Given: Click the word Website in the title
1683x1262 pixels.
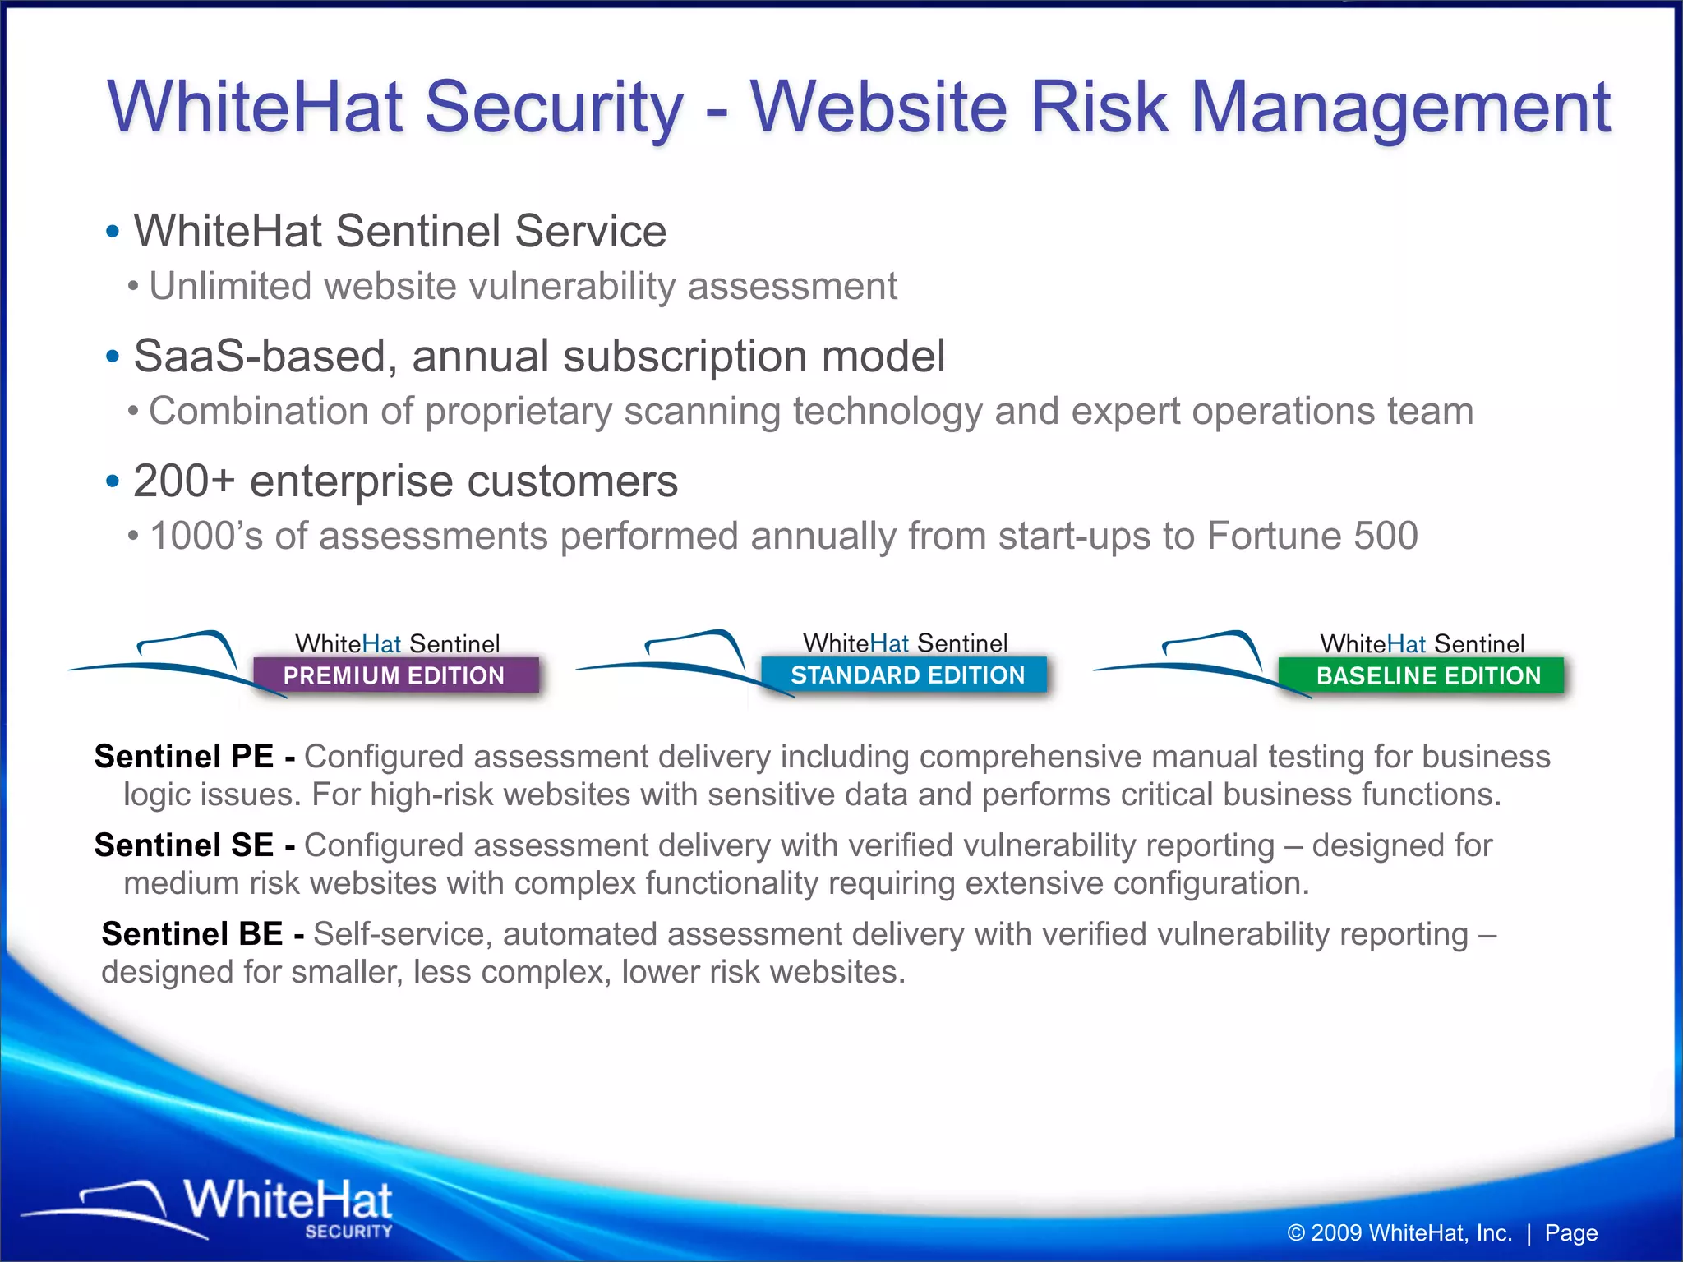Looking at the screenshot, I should pyautogui.click(x=878, y=107).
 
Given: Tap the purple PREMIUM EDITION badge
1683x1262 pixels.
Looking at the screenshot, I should pyautogui.click(x=394, y=675).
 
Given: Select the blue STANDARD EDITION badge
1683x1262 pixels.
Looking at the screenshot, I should pyautogui.click(x=906, y=675).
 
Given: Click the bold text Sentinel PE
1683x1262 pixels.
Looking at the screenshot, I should pyautogui.click(x=184, y=756).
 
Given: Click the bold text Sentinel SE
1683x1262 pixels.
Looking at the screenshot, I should pyautogui.click(x=184, y=845).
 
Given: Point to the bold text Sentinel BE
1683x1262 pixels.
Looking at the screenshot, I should pyautogui.click(x=192, y=933).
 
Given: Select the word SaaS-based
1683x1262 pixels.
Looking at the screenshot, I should pyautogui.click(x=260, y=357).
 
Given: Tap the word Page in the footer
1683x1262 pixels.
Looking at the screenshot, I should pyautogui.click(x=1570, y=1232).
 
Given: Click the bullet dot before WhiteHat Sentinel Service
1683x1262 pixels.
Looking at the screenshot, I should pyautogui.click(x=113, y=232).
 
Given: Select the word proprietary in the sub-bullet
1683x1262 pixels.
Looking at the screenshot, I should pyautogui.click(x=518, y=412).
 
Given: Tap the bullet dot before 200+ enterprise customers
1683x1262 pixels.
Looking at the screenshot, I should pyautogui.click(x=113, y=481).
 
